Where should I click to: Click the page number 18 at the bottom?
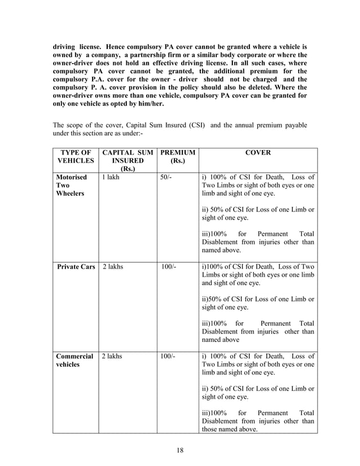[180, 450]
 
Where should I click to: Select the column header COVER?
[258, 152]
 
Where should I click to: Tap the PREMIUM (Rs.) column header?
[177, 157]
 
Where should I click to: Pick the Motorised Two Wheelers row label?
[71, 186]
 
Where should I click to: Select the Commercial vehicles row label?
[74, 361]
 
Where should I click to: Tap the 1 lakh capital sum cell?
[111, 177]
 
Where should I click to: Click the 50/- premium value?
[166, 177]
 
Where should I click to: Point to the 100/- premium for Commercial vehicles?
[168, 357]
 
